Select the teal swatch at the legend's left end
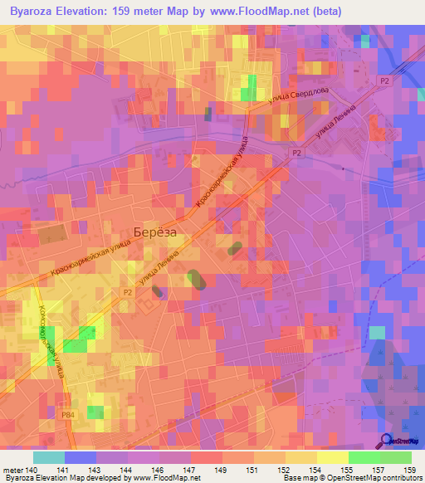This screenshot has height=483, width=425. (49, 457)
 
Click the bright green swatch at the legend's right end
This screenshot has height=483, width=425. (396, 457)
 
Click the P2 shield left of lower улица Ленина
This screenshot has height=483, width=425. (127, 292)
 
